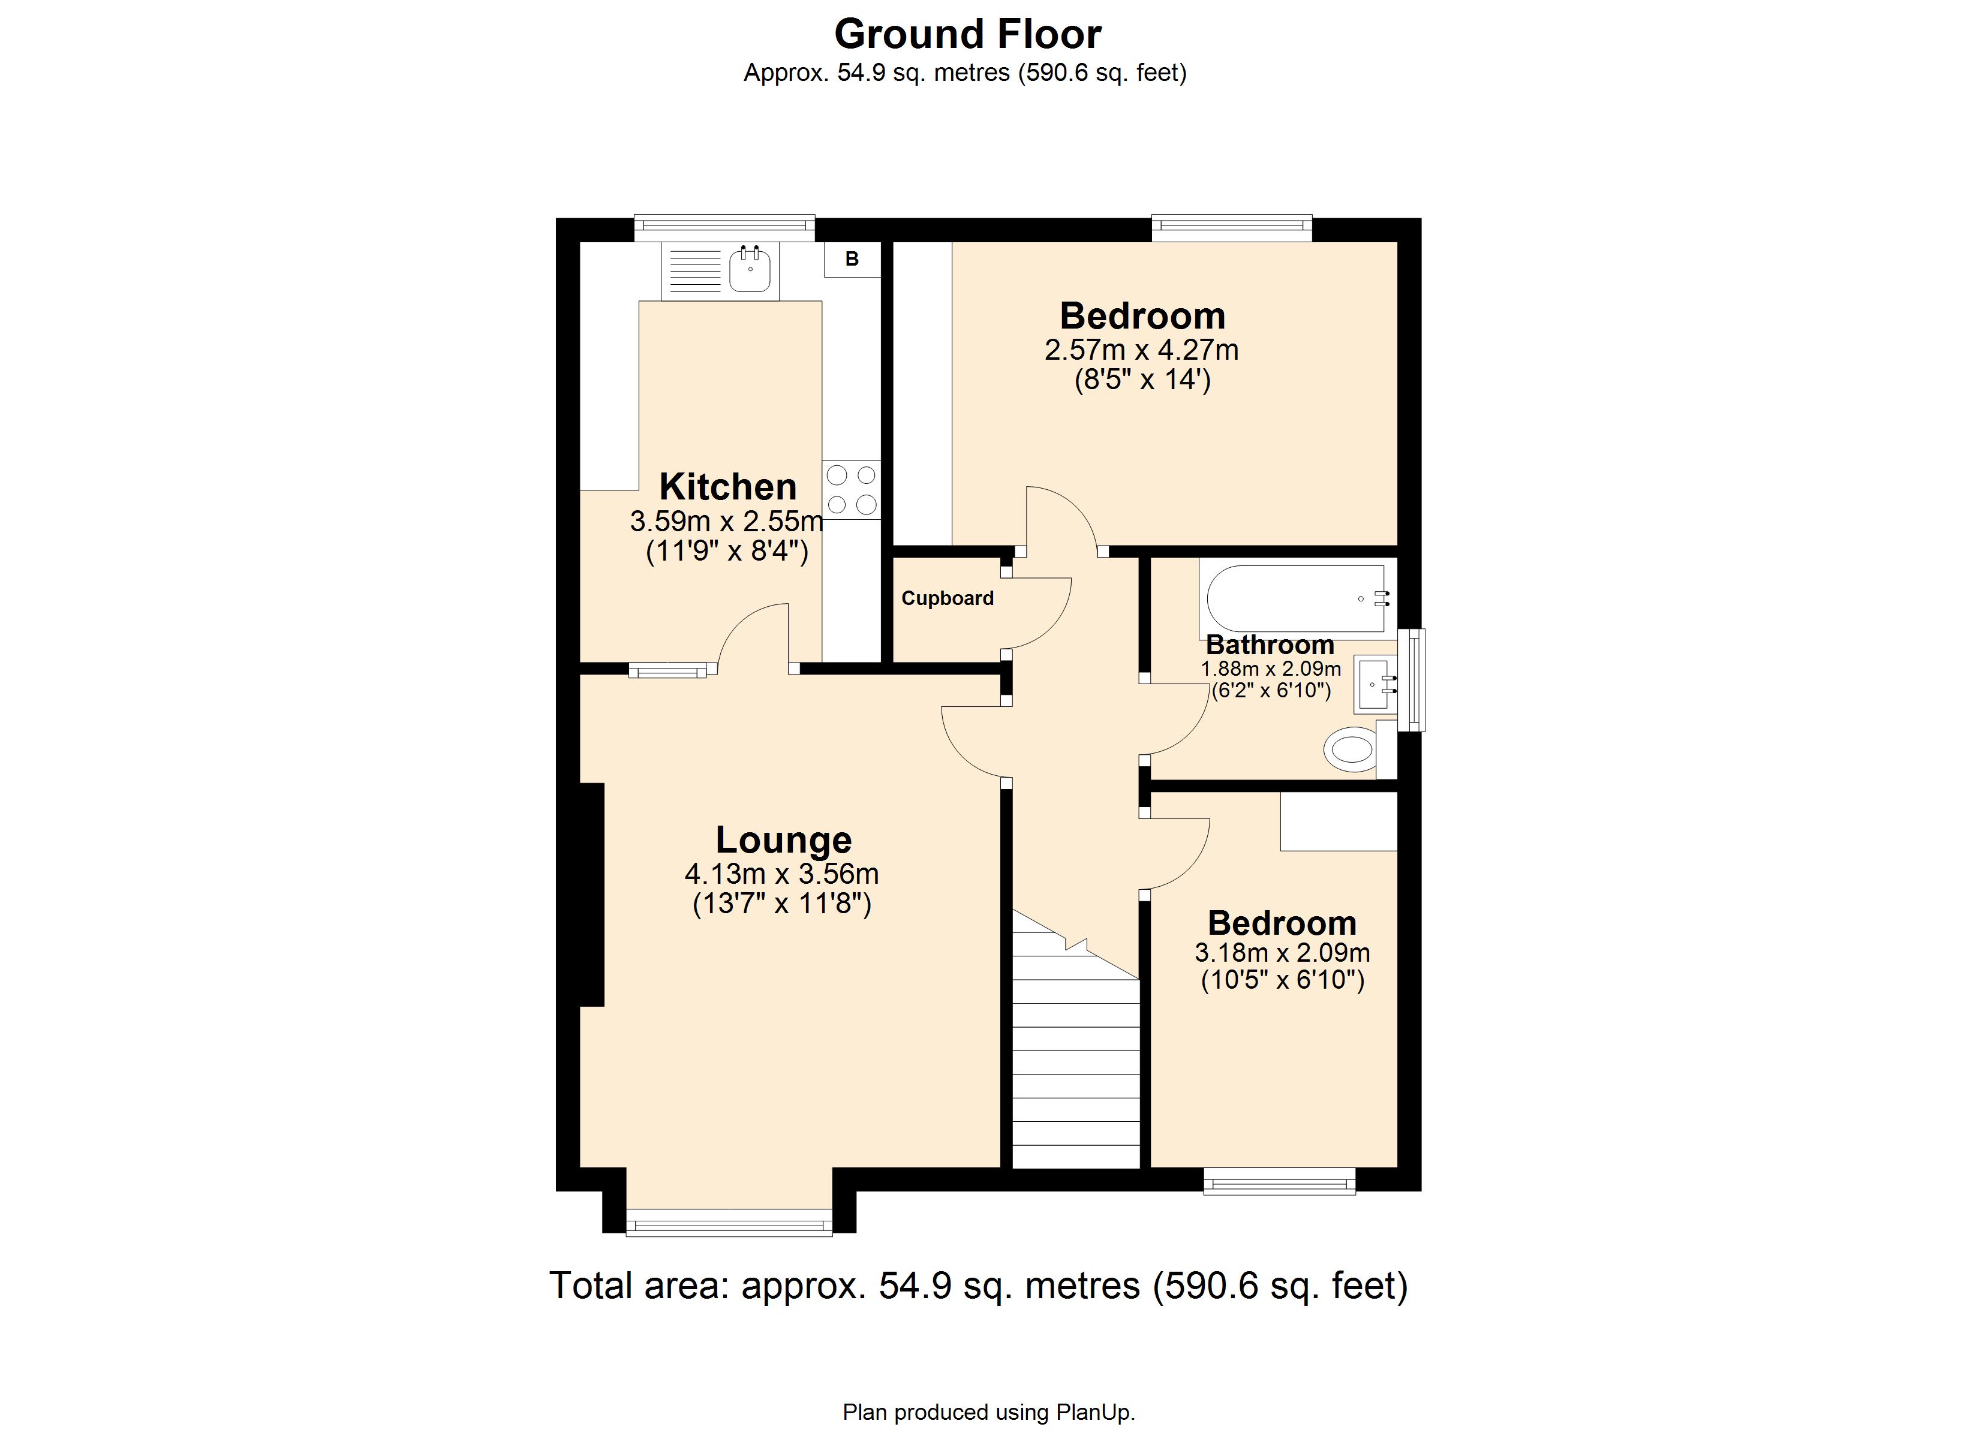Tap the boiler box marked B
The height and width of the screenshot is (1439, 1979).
852,259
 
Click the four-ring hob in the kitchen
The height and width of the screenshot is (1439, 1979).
852,489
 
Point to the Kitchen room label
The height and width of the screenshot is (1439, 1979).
727,487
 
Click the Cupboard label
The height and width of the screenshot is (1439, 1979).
947,598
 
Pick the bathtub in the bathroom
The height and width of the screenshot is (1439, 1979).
1295,598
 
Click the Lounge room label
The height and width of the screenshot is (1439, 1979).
783,841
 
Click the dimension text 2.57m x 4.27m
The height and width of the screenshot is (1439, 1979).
1141,350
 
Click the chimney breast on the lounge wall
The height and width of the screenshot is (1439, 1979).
592,895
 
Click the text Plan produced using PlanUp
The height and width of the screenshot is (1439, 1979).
988,1412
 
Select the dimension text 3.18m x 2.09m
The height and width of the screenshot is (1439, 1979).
1281,953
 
